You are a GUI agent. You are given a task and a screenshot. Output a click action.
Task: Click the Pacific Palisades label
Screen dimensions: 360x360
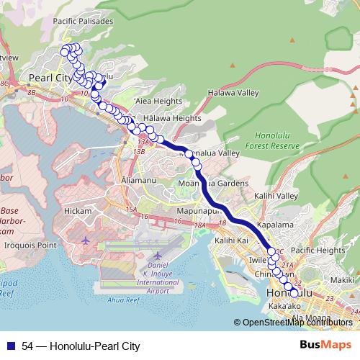coord(84,22)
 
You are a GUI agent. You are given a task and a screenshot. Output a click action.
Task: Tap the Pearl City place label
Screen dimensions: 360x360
coord(50,77)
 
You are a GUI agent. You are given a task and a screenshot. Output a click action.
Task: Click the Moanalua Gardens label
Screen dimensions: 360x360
coord(214,184)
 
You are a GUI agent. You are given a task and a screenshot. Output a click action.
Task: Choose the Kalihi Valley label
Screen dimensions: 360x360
coord(276,196)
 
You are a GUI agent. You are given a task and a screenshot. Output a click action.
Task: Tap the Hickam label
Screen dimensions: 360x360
coord(78,211)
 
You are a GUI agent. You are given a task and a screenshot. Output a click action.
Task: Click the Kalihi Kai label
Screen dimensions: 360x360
coord(231,240)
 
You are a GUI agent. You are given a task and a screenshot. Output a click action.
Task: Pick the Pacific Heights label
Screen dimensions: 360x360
coord(318,250)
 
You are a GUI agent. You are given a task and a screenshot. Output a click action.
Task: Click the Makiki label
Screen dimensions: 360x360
coord(343,279)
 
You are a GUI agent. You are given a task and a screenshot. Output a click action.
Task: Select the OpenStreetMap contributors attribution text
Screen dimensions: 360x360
coord(296,322)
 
